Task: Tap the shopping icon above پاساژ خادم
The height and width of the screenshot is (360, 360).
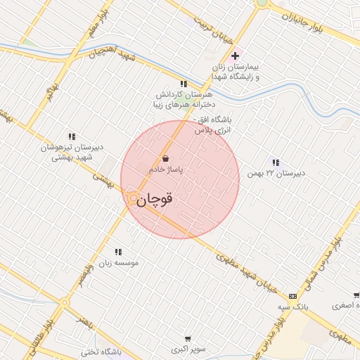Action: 165,158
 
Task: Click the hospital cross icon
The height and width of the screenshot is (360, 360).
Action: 236,55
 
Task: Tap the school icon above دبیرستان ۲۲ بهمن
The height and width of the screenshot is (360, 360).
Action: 276,162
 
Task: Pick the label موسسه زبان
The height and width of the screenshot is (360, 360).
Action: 120,262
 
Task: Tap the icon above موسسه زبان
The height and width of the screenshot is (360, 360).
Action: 118,251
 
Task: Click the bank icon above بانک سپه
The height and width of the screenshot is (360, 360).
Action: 293,297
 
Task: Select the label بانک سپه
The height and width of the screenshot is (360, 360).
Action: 293,308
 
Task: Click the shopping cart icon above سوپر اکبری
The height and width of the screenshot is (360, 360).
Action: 187,338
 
